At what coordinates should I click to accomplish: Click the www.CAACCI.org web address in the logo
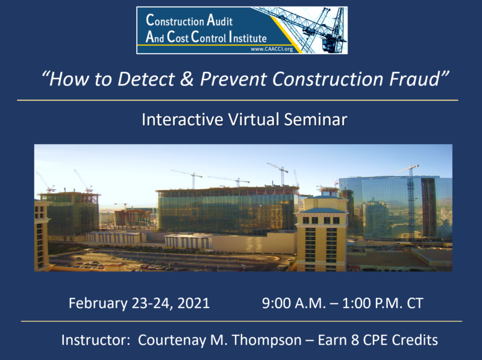click(x=272, y=49)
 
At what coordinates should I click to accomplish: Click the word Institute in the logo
click(x=248, y=37)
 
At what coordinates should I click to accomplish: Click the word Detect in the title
click(x=146, y=79)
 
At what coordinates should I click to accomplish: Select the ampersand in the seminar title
click(x=187, y=79)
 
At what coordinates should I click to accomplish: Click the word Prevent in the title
click(x=234, y=79)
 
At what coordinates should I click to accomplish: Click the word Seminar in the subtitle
click(x=315, y=119)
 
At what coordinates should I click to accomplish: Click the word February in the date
click(x=98, y=303)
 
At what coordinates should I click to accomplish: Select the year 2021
click(x=193, y=303)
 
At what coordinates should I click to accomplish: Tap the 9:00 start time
click(x=276, y=303)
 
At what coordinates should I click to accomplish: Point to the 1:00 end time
click(x=356, y=303)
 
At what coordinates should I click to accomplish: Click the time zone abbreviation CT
click(x=415, y=303)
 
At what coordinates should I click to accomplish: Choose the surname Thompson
click(x=266, y=340)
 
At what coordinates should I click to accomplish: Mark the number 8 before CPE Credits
click(x=355, y=340)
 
